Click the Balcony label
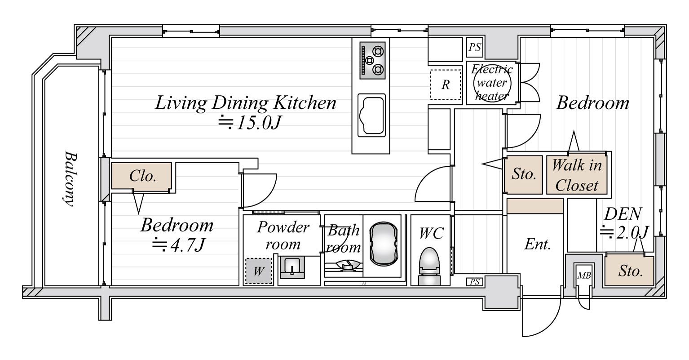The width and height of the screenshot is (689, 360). [70, 178]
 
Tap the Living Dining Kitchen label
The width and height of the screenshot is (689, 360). [245, 103]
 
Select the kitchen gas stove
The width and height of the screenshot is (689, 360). [372, 60]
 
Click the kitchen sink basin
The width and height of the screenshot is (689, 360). [371, 116]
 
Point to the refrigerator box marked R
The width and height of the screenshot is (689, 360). [446, 84]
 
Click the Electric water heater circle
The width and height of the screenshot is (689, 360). [492, 84]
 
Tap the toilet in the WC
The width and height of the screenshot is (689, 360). [429, 267]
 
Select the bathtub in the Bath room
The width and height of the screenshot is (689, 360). [383, 244]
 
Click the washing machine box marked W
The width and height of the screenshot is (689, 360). [259, 271]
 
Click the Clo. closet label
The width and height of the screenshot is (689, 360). [142, 176]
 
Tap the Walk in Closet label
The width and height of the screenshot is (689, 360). [577, 175]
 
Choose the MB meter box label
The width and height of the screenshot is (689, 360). [584, 276]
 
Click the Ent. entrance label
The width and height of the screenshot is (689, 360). [537, 244]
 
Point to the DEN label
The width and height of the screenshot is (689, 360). [623, 214]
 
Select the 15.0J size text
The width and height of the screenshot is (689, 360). [249, 123]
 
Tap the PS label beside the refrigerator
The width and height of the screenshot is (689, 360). [475, 47]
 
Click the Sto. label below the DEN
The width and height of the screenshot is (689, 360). [630, 271]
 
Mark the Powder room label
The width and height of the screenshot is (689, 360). [283, 236]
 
